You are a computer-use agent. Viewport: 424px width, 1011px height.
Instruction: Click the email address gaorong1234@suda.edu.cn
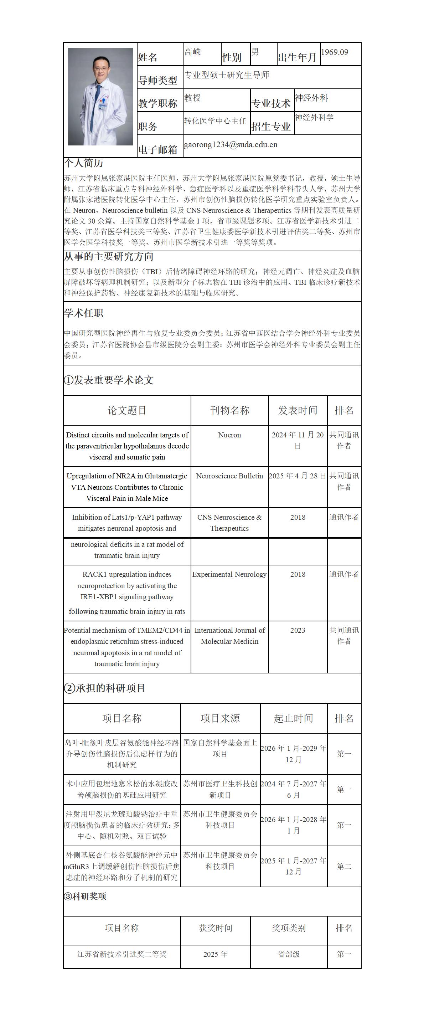point(231,144)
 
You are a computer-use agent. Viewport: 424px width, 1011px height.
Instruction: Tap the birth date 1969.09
point(335,52)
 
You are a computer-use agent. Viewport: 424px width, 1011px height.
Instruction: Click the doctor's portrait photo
point(100,97)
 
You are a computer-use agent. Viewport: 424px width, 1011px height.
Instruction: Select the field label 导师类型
point(158,81)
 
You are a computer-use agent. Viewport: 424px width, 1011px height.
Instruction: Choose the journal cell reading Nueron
point(229,435)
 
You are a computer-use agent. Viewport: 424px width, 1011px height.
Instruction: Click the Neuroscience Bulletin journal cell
point(229,476)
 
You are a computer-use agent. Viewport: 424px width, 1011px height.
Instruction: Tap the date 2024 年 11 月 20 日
point(298,440)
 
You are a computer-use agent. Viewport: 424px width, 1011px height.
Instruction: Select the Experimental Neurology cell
point(229,574)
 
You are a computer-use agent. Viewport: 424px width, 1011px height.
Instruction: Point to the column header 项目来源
point(220,718)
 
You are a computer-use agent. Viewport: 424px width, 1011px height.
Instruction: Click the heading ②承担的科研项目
point(105,688)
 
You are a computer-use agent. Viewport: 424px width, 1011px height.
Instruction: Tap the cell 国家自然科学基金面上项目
point(220,748)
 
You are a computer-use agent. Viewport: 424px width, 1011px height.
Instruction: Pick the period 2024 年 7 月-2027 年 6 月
point(293,789)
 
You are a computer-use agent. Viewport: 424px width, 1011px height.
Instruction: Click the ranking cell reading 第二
point(344,866)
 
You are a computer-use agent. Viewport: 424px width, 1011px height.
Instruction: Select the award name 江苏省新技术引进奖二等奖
point(122,954)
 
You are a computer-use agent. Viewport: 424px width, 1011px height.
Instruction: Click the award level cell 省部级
point(289,954)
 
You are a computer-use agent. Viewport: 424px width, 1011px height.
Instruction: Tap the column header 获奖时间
point(215,928)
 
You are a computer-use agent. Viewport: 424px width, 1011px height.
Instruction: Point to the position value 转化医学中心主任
point(215,121)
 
